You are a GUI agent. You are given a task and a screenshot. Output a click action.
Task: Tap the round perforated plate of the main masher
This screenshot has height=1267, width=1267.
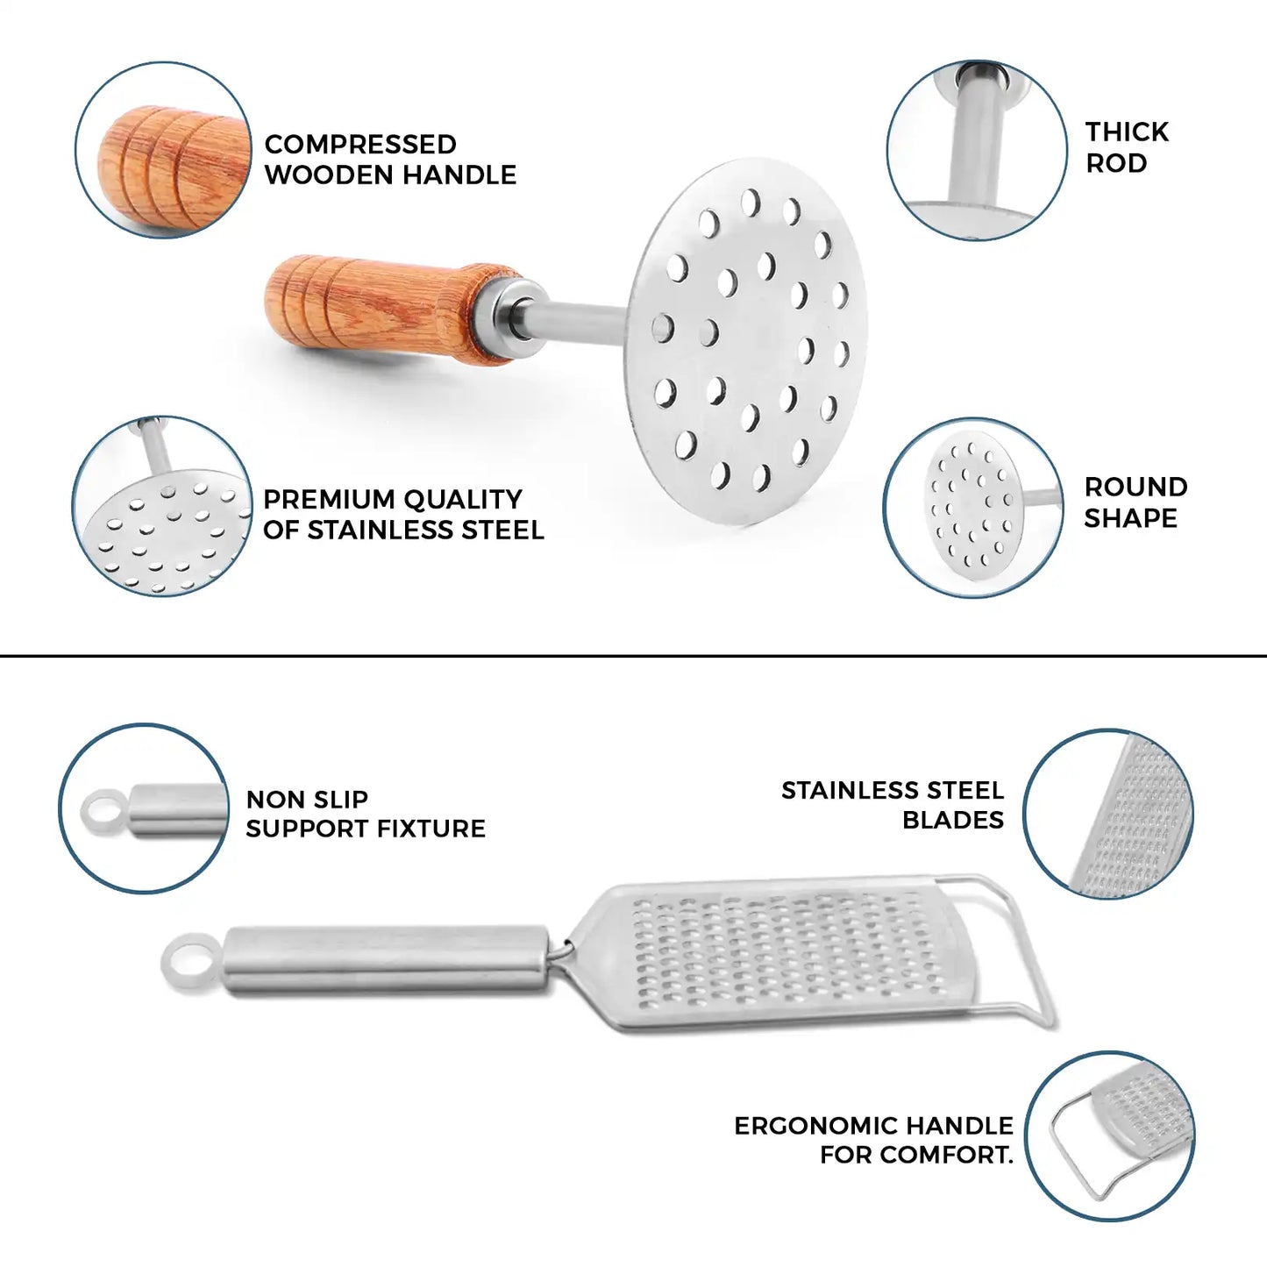746,342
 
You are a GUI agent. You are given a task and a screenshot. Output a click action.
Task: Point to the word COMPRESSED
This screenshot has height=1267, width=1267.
360,144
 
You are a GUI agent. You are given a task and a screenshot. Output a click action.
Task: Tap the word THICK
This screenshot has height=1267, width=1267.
1127,132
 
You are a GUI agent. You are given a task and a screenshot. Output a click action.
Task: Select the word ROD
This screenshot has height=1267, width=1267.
1116,163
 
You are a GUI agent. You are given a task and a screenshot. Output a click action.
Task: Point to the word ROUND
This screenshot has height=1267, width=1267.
1136,488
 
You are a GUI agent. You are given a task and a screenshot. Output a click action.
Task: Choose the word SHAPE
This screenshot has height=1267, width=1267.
1131,518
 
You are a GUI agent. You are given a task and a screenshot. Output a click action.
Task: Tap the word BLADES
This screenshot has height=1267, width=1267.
953,820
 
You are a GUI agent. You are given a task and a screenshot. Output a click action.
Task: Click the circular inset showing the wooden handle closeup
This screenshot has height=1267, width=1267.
163,150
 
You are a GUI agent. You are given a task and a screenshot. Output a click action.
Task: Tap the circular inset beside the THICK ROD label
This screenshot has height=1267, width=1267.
977,150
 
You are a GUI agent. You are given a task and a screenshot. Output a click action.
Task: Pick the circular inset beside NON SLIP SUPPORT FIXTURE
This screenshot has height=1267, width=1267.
144,808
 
